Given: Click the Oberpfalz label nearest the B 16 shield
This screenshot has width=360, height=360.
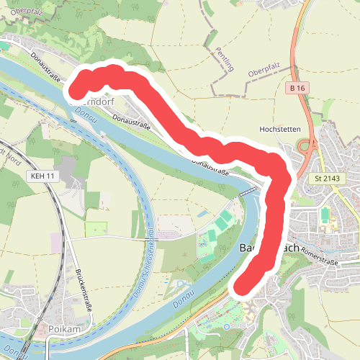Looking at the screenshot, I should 262,73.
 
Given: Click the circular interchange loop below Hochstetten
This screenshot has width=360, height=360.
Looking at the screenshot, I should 304,147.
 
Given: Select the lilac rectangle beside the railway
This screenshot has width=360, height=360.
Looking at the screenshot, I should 55,243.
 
